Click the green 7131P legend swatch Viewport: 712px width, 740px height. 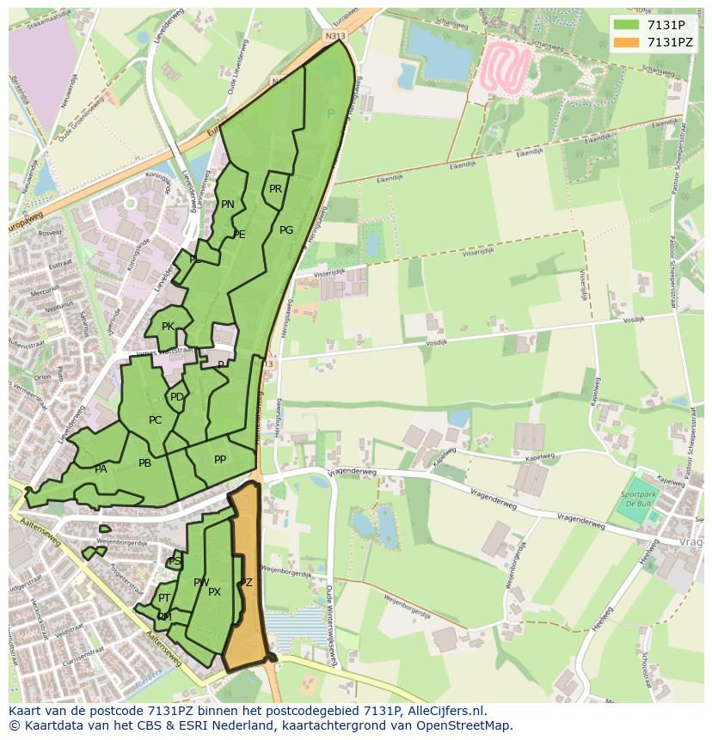click(626, 25)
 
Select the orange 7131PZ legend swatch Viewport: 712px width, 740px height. click(626, 42)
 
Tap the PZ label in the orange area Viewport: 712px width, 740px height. click(246, 583)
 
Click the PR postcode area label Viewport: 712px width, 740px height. click(275, 189)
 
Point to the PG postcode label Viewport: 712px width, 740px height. click(286, 230)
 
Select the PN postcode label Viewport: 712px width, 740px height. click(228, 205)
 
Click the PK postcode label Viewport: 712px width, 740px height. click(168, 327)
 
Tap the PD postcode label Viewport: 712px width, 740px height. click(176, 397)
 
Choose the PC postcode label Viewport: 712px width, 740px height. click(155, 420)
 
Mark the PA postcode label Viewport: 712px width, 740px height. click(101, 469)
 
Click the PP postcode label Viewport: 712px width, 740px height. click(220, 460)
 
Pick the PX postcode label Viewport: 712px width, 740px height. click(215, 592)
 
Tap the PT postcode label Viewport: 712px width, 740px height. click(164, 598)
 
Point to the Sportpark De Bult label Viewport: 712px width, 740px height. click(638, 500)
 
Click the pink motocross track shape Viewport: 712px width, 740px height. click(504, 67)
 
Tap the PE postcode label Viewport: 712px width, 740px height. click(239, 235)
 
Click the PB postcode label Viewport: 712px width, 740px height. click(144, 463)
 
